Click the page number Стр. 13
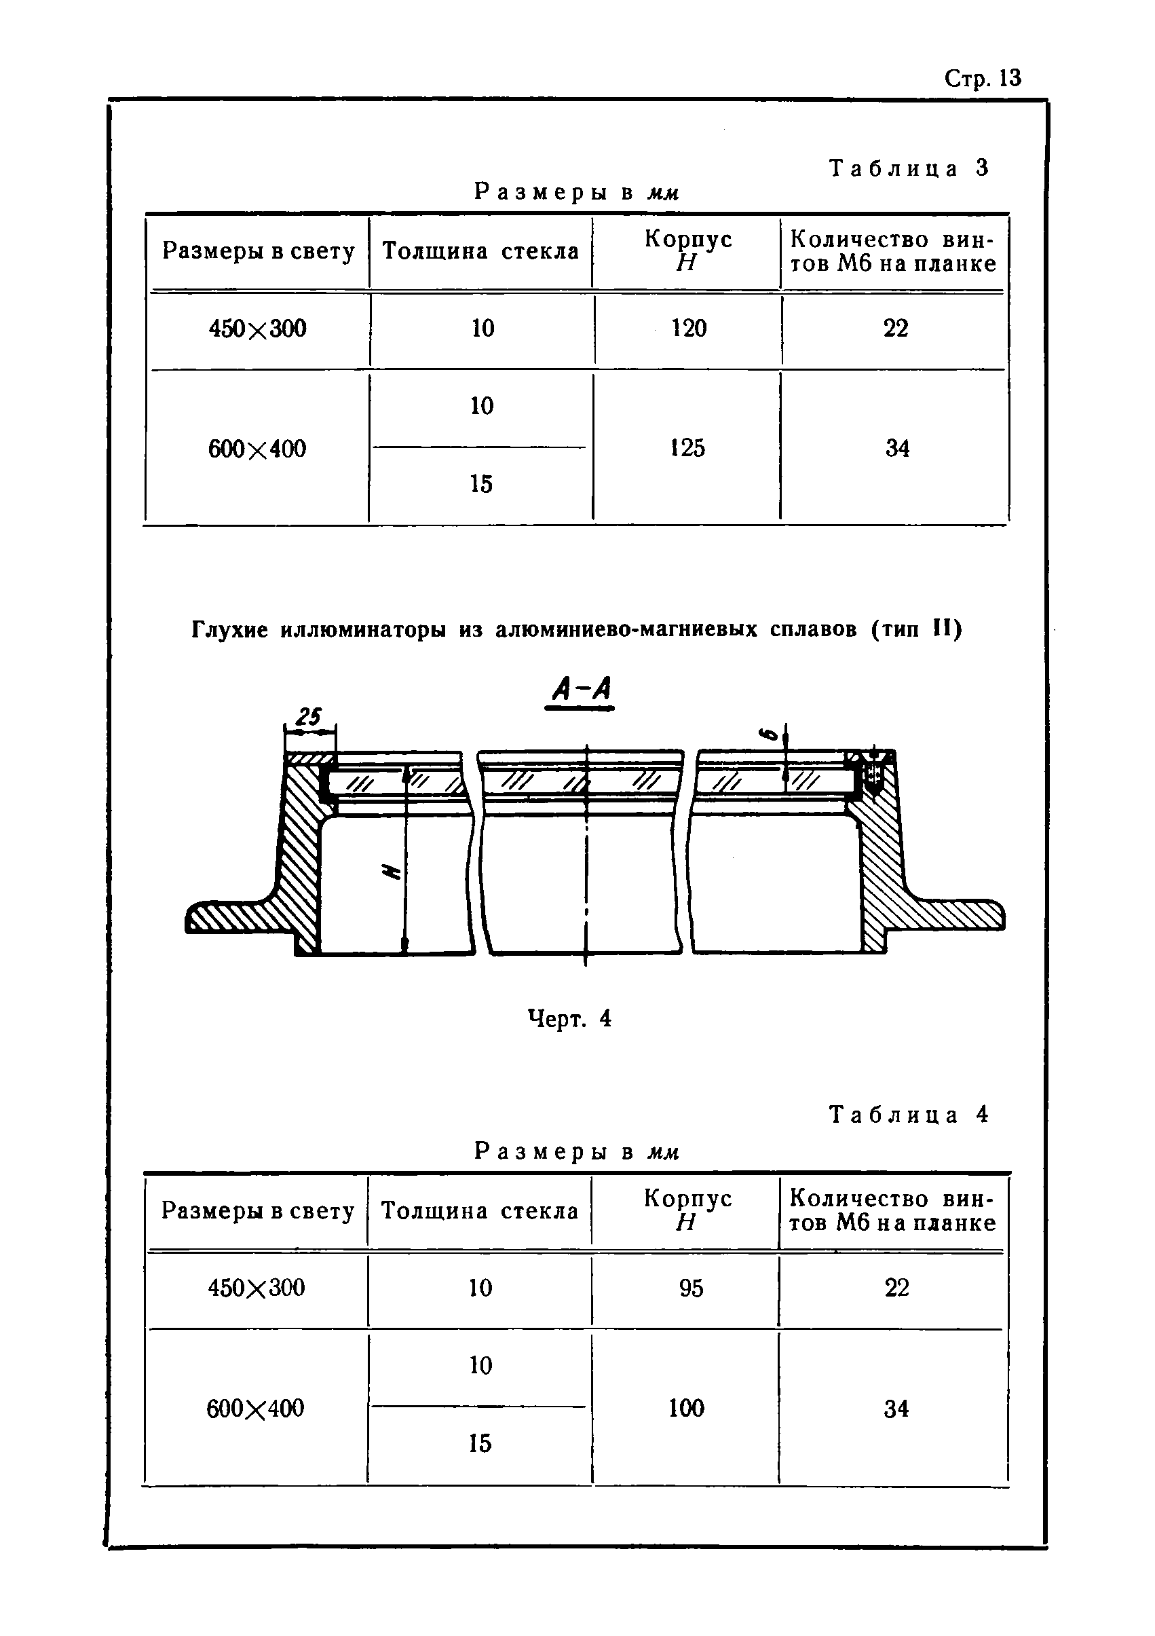click(983, 77)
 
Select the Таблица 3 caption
click(909, 168)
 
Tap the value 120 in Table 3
click(688, 329)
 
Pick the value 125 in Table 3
click(687, 447)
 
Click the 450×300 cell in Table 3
click(257, 329)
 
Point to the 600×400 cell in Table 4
click(255, 1408)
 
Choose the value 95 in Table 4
click(690, 1288)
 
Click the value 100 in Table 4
click(686, 1407)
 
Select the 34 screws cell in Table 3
click(897, 448)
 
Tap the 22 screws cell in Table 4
click(896, 1288)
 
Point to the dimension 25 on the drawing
click(309, 716)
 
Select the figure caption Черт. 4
click(569, 1018)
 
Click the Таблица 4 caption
click(909, 1115)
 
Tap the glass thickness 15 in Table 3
click(481, 485)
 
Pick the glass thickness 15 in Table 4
click(480, 1443)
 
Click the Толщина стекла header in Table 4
click(480, 1210)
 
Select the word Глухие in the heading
click(229, 630)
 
